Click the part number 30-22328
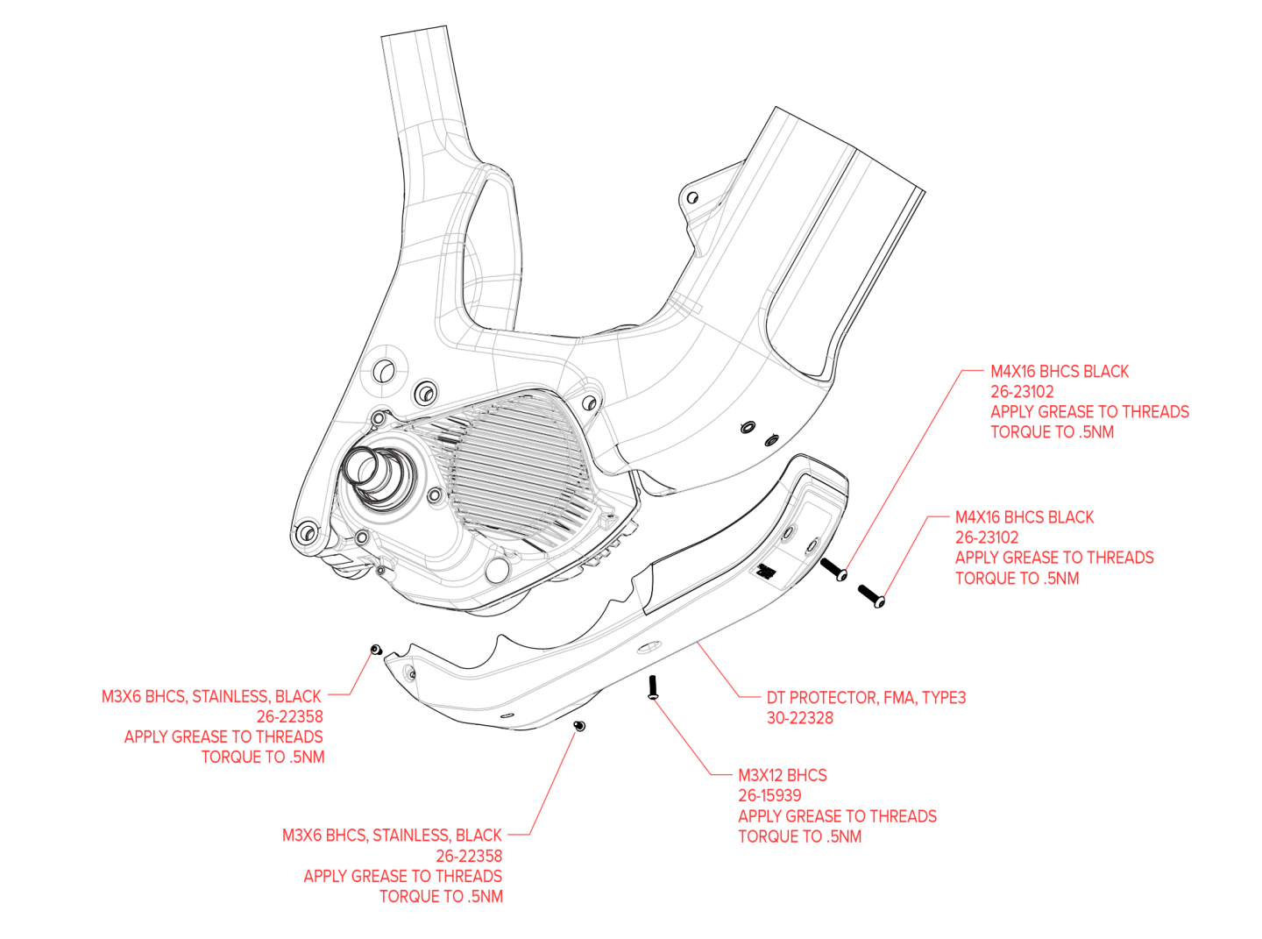(x=800, y=718)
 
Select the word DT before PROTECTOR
(x=776, y=698)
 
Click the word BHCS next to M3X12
(x=806, y=775)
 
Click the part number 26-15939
(x=769, y=795)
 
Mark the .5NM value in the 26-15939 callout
(x=844, y=836)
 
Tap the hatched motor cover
(x=517, y=465)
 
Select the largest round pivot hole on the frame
(x=383, y=368)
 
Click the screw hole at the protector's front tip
(x=408, y=673)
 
